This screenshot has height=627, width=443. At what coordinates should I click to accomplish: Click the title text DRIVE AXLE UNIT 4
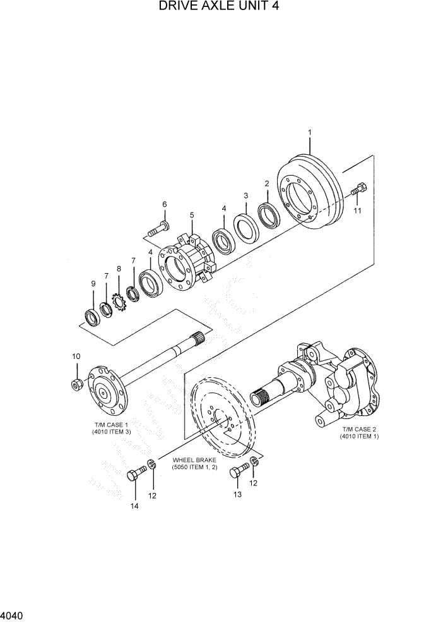coord(220,7)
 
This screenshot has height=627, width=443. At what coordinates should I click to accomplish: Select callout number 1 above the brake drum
coord(310,132)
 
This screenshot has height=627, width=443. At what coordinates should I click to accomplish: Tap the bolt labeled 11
coord(357,189)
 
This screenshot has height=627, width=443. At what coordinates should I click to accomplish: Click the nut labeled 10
coord(76,383)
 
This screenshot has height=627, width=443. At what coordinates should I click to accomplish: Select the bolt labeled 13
coord(238,470)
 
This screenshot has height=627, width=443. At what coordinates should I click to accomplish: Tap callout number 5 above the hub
coord(191,215)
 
